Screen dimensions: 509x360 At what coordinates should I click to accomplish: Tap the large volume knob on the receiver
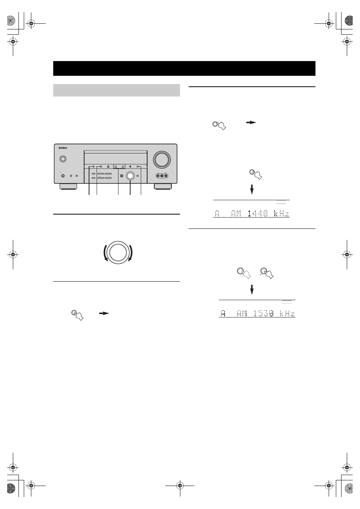coord(162,160)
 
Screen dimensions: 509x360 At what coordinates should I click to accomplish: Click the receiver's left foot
coord(68,186)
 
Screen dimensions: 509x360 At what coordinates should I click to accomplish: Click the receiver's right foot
coord(163,186)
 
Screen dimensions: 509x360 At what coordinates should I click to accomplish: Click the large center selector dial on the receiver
coord(130,176)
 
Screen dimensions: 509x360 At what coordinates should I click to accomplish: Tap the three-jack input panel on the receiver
coord(162,176)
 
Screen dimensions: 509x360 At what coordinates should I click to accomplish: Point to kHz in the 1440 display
coord(282,214)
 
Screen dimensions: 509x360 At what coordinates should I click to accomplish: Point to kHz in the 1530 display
coord(288,313)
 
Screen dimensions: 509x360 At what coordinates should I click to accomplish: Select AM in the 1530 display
coord(242,313)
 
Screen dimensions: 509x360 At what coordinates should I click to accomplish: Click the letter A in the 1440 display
coord(217,214)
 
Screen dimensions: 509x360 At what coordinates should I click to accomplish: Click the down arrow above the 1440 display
coord(252,190)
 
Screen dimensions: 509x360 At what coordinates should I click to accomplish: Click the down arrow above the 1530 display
coord(252,290)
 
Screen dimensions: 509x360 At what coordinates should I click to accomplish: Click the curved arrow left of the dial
coord(105,253)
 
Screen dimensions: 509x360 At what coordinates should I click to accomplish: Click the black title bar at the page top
coord(184,68)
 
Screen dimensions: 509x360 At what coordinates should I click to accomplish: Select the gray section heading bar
coord(116,90)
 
